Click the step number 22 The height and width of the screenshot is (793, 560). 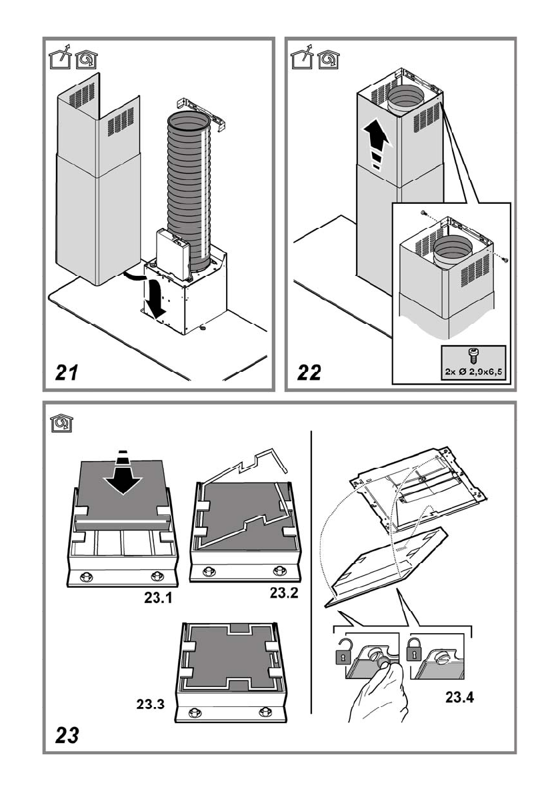click(x=309, y=373)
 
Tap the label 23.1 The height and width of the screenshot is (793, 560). click(x=159, y=598)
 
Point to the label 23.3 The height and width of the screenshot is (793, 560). click(x=151, y=703)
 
